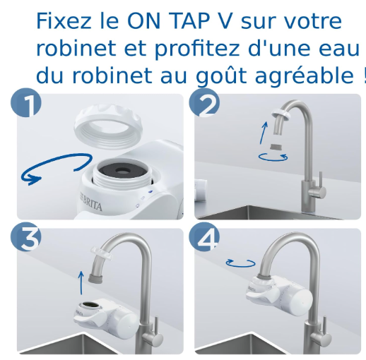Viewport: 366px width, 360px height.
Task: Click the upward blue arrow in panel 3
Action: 81,282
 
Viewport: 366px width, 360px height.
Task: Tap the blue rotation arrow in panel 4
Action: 240,263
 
